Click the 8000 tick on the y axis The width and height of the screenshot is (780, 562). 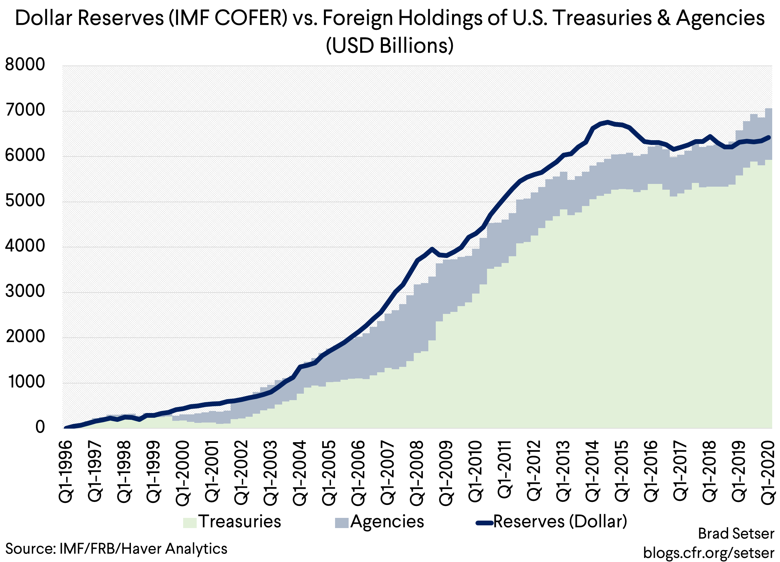point(25,65)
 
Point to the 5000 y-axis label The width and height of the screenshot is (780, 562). point(25,201)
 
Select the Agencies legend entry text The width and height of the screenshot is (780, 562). point(387,521)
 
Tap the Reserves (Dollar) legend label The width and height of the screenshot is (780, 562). point(560,521)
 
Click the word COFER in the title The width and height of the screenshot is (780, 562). point(250,18)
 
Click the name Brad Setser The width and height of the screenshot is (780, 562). point(736,534)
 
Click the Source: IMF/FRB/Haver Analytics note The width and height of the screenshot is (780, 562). point(116,548)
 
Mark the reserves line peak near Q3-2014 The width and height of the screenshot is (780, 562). point(607,122)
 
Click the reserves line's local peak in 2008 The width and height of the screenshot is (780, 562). point(432,248)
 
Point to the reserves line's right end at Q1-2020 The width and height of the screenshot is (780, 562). point(769,137)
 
